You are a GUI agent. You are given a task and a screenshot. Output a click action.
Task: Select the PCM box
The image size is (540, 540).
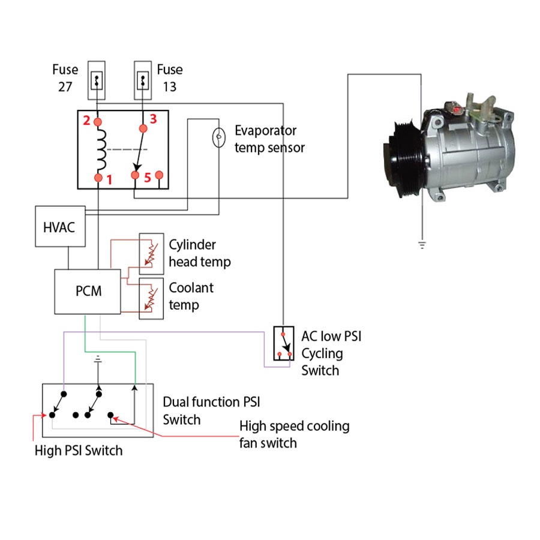coord(88,292)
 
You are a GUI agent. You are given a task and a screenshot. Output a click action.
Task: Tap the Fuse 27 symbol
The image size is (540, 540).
coord(97,80)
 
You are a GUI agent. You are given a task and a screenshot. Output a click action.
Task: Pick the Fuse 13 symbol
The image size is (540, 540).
coord(143,80)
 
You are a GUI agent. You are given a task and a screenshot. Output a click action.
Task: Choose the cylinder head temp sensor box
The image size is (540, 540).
coord(151,250)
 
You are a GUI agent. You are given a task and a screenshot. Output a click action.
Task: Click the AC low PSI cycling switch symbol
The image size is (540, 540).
coord(283,344)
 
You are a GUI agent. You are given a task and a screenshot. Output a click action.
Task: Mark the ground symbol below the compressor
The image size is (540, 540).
coord(422,244)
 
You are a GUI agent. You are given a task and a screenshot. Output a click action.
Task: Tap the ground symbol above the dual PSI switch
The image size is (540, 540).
coord(98,362)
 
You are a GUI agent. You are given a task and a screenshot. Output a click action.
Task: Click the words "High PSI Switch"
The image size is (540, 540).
coord(79,450)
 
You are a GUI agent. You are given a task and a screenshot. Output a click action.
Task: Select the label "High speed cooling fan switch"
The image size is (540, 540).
coord(294,434)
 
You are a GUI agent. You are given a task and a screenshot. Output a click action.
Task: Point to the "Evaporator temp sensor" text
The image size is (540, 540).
coord(269,139)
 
